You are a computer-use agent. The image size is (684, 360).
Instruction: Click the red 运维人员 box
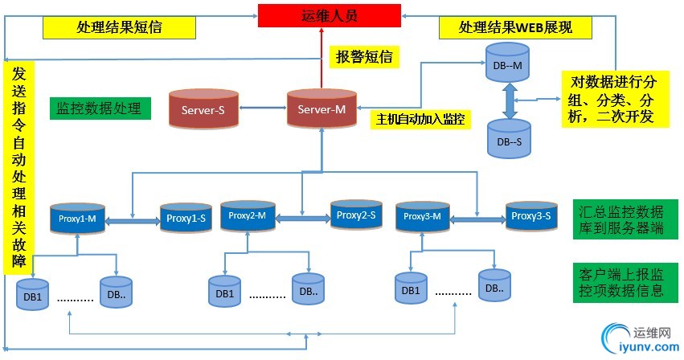330,15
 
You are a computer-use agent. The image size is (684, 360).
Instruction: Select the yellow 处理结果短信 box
120,27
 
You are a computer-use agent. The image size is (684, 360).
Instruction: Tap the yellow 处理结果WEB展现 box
514,27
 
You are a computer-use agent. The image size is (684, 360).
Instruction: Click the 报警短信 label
363,57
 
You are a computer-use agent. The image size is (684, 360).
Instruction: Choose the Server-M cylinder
322,109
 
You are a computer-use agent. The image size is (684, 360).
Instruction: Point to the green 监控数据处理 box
99,108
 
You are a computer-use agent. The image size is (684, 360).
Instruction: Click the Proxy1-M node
77,218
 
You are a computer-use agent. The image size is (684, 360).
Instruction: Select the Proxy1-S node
184,218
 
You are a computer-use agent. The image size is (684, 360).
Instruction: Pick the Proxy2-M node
248,215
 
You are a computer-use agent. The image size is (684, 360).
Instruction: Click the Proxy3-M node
422,216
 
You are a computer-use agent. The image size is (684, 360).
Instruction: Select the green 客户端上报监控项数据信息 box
621,281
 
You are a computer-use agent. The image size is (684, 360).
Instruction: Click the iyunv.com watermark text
642,347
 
